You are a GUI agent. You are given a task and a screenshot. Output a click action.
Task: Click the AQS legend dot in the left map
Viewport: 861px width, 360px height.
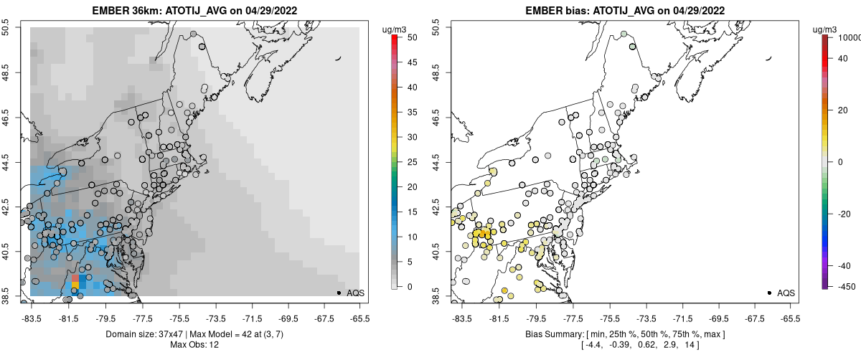click(338, 293)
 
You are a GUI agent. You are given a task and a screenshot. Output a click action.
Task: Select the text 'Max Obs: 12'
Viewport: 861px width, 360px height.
click(194, 346)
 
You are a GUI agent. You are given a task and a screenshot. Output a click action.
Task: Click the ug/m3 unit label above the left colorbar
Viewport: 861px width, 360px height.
click(396, 29)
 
